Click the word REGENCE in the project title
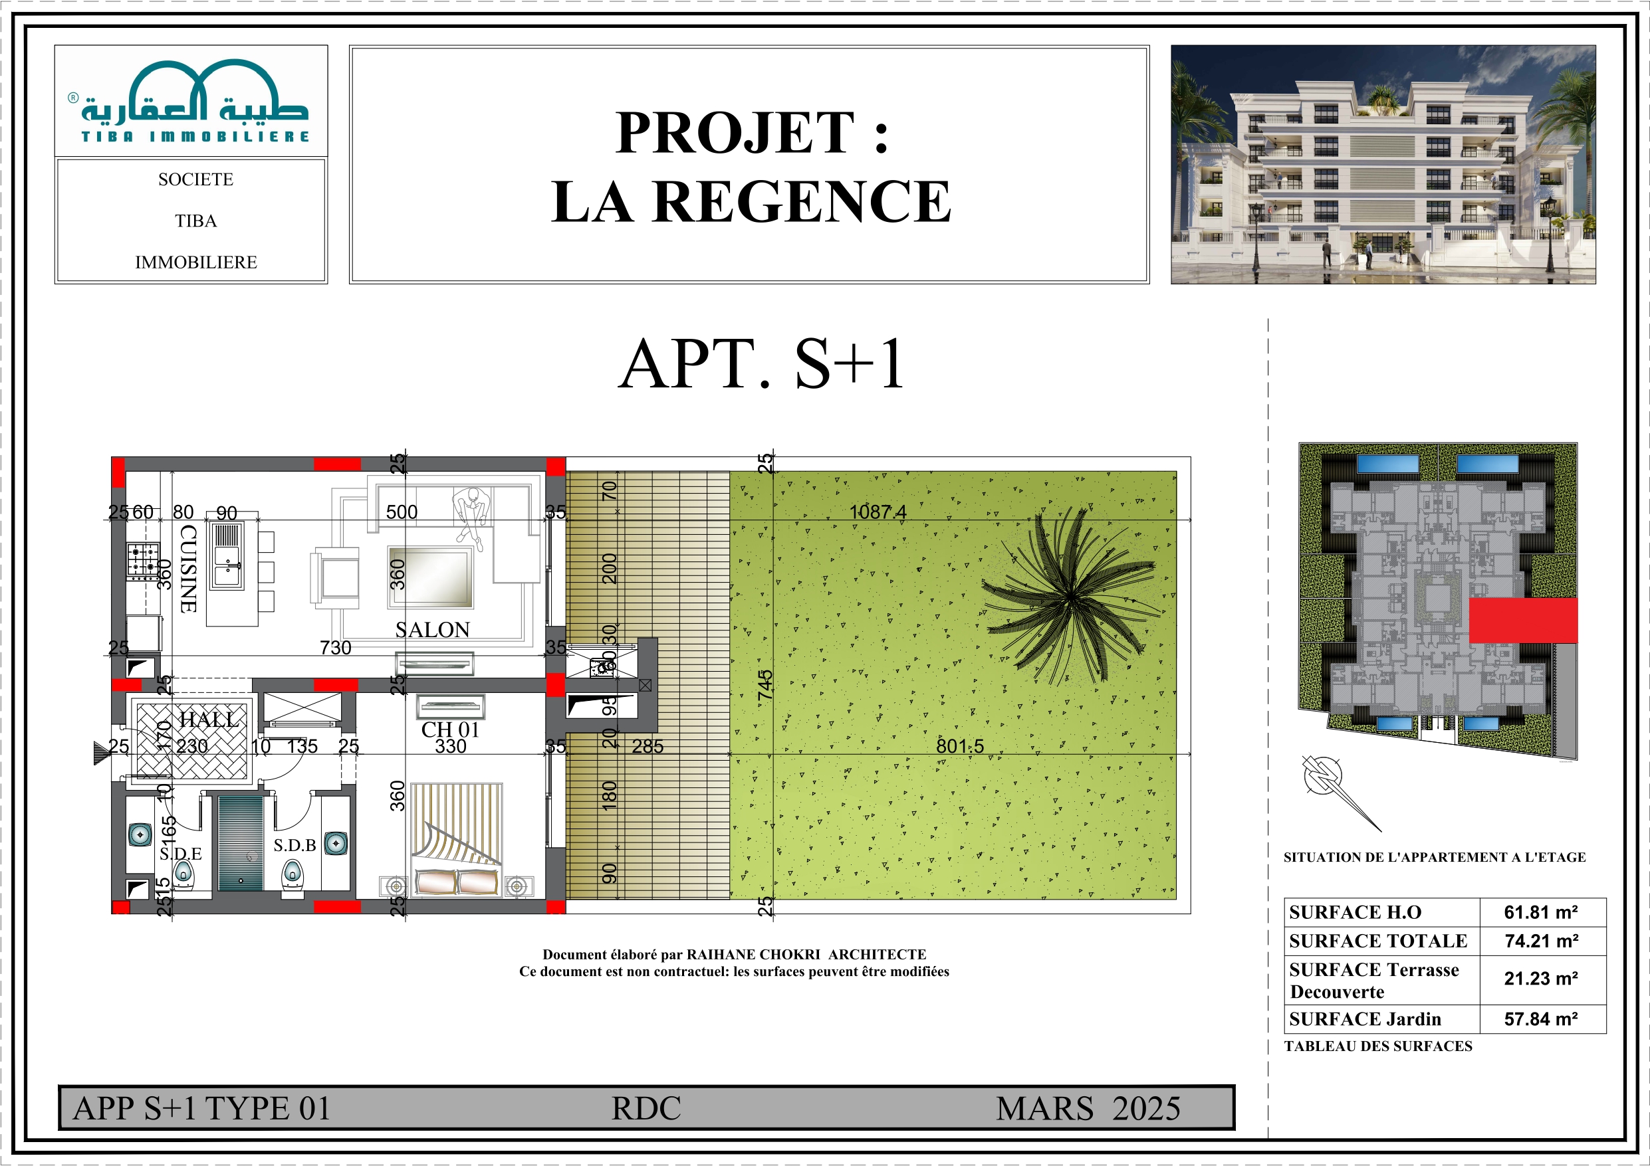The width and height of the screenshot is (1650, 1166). click(801, 202)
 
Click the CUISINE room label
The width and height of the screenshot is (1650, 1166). click(188, 569)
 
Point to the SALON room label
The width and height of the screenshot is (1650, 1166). click(432, 630)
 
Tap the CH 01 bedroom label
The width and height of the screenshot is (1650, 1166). click(450, 730)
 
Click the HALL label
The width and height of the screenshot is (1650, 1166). click(207, 719)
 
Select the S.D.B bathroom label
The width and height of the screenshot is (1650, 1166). click(295, 846)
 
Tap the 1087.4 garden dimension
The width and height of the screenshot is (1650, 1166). click(878, 512)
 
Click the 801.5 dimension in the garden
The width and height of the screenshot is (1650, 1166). click(959, 747)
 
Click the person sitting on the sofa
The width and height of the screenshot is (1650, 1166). click(472, 514)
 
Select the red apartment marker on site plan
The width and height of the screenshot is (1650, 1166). click(1522, 621)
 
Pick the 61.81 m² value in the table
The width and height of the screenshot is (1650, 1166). click(1541, 912)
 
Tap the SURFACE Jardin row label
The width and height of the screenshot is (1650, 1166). click(1365, 1019)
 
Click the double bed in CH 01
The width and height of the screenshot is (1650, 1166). click(456, 840)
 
